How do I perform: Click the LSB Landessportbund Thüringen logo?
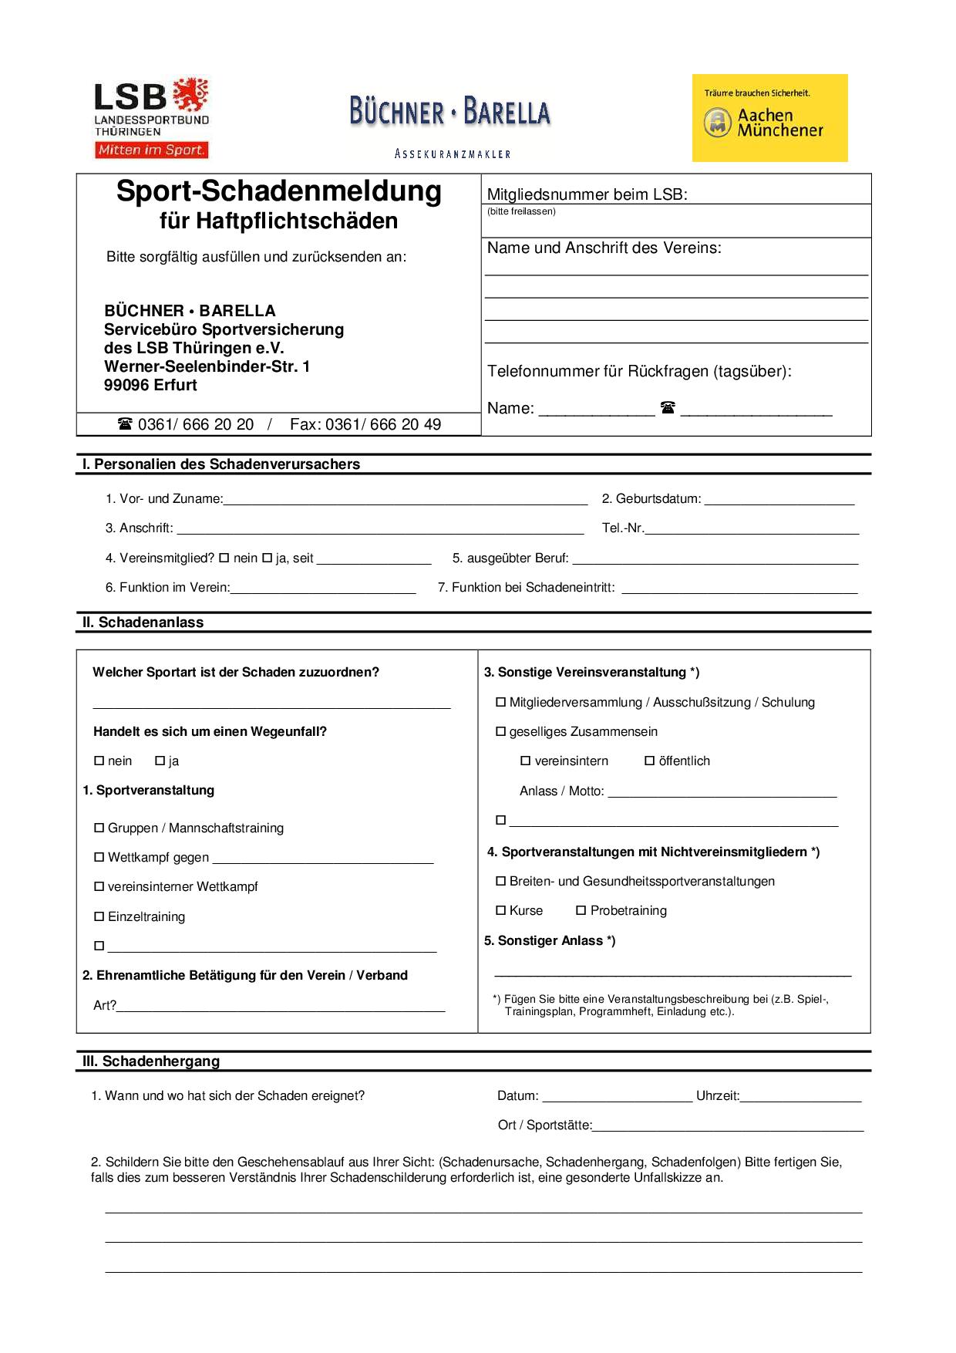point(151,117)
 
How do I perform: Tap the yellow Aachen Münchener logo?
point(769,118)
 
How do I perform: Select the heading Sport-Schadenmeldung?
point(279,191)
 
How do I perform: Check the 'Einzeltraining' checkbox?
point(99,916)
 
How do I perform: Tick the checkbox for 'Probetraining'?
point(581,910)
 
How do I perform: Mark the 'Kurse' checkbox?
point(501,910)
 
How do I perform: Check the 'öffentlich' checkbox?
point(650,761)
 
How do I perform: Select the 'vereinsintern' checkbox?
point(526,761)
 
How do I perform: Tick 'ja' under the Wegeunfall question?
point(160,761)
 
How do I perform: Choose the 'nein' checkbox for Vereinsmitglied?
point(224,558)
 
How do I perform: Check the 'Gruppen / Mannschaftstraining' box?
point(99,828)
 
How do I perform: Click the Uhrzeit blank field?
point(800,1095)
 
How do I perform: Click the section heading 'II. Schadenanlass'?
point(143,623)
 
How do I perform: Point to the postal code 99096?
point(125,385)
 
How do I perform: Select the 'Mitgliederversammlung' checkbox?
point(501,702)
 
